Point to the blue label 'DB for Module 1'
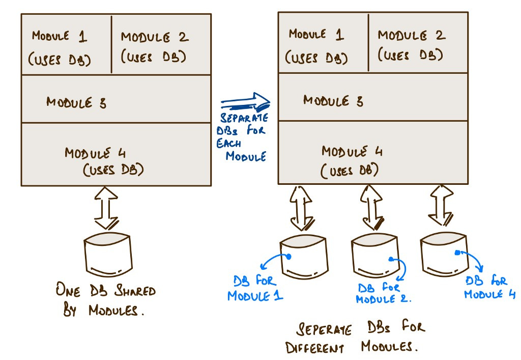point(254,288)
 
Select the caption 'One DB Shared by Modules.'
point(106,301)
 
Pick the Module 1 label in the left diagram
point(61,47)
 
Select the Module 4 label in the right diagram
point(352,160)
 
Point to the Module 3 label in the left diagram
point(76,102)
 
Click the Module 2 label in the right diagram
point(411,45)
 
